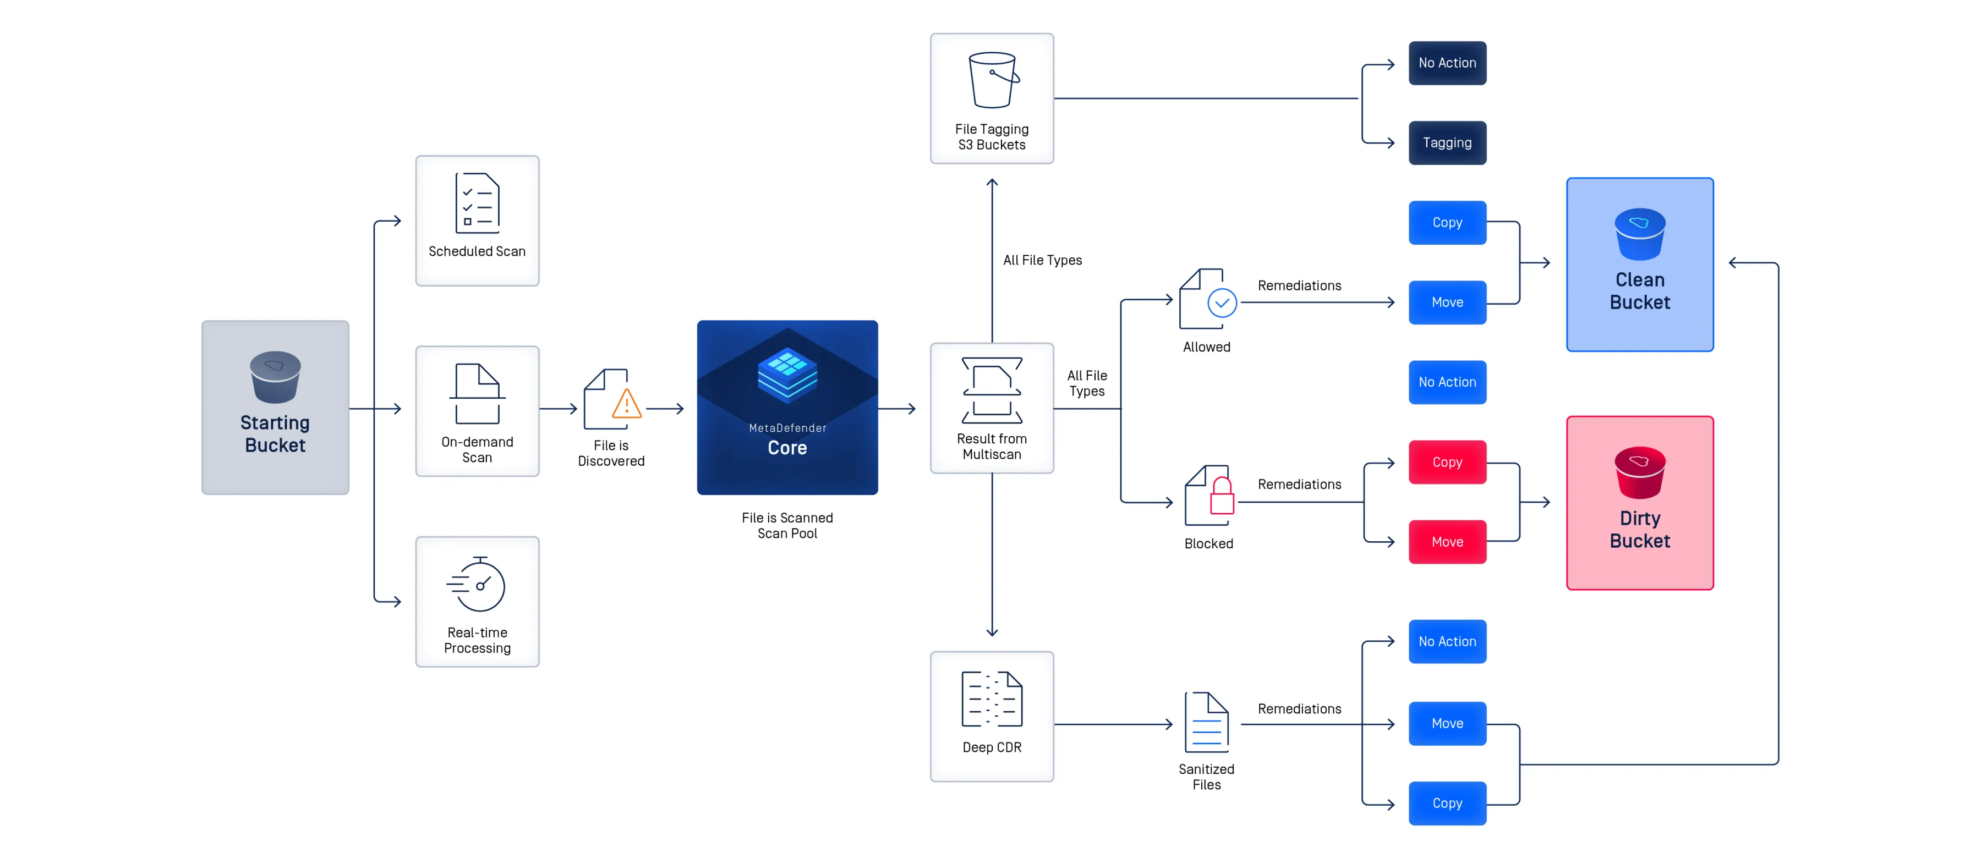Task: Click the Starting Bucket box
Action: pos(275,408)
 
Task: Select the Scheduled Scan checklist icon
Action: pos(477,203)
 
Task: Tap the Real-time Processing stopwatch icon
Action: pos(477,584)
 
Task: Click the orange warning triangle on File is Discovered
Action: pos(627,404)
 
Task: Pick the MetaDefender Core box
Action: pos(787,408)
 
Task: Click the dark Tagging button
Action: pos(1447,143)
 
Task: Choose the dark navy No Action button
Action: pos(1447,63)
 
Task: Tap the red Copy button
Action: pos(1447,462)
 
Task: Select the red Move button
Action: pos(1447,542)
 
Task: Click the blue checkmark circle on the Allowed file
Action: pos(1222,303)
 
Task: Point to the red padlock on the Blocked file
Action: pos(1222,497)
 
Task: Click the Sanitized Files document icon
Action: pos(1207,723)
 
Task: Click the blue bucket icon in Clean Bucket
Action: pos(1640,234)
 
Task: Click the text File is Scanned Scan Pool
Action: pos(787,526)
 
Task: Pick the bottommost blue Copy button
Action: pos(1447,804)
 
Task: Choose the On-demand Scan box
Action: pos(477,411)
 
